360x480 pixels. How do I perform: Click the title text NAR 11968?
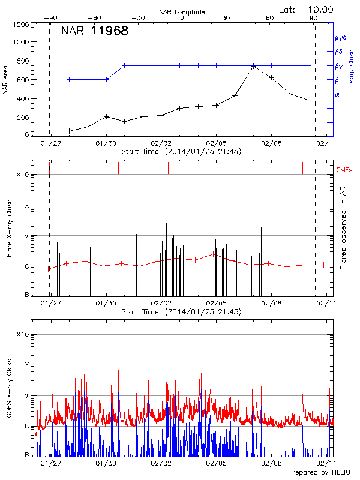click(x=95, y=32)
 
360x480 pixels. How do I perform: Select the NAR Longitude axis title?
click(x=182, y=12)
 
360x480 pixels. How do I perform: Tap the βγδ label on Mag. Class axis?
click(x=340, y=37)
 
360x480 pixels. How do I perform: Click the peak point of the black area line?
click(x=254, y=66)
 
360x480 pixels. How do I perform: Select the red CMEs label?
click(x=345, y=170)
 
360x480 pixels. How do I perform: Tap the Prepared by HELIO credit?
click(x=320, y=473)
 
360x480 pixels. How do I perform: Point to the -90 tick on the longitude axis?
click(x=50, y=18)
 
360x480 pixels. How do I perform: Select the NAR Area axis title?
click(x=5, y=80)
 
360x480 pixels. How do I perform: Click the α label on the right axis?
click(x=337, y=94)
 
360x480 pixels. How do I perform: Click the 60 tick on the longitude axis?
click(x=270, y=18)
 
